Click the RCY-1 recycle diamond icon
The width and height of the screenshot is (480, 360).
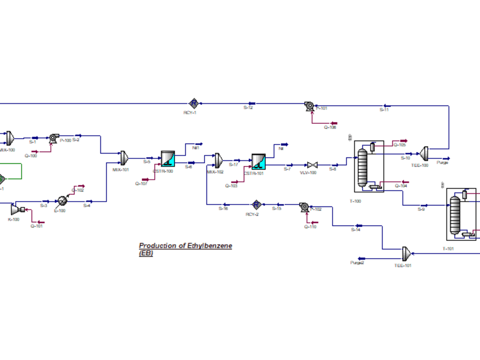(193, 103)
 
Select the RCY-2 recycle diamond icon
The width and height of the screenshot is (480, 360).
(256, 204)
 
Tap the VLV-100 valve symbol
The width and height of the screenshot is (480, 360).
(312, 165)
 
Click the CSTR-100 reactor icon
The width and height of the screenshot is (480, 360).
(168, 159)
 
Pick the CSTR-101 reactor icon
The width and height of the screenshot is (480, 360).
(258, 162)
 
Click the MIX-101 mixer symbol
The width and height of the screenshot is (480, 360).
(124, 157)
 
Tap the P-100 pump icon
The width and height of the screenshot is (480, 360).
(53, 138)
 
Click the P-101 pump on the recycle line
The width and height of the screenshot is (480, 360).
(309, 107)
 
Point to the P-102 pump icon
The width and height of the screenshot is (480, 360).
(303, 207)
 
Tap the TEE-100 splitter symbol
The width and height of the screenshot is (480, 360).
(424, 153)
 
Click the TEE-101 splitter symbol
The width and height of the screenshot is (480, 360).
(406, 252)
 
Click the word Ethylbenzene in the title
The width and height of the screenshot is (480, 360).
(209, 246)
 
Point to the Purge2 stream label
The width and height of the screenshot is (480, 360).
(357, 263)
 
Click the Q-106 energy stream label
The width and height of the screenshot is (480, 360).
(330, 127)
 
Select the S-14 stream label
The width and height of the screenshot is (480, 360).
(356, 230)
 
